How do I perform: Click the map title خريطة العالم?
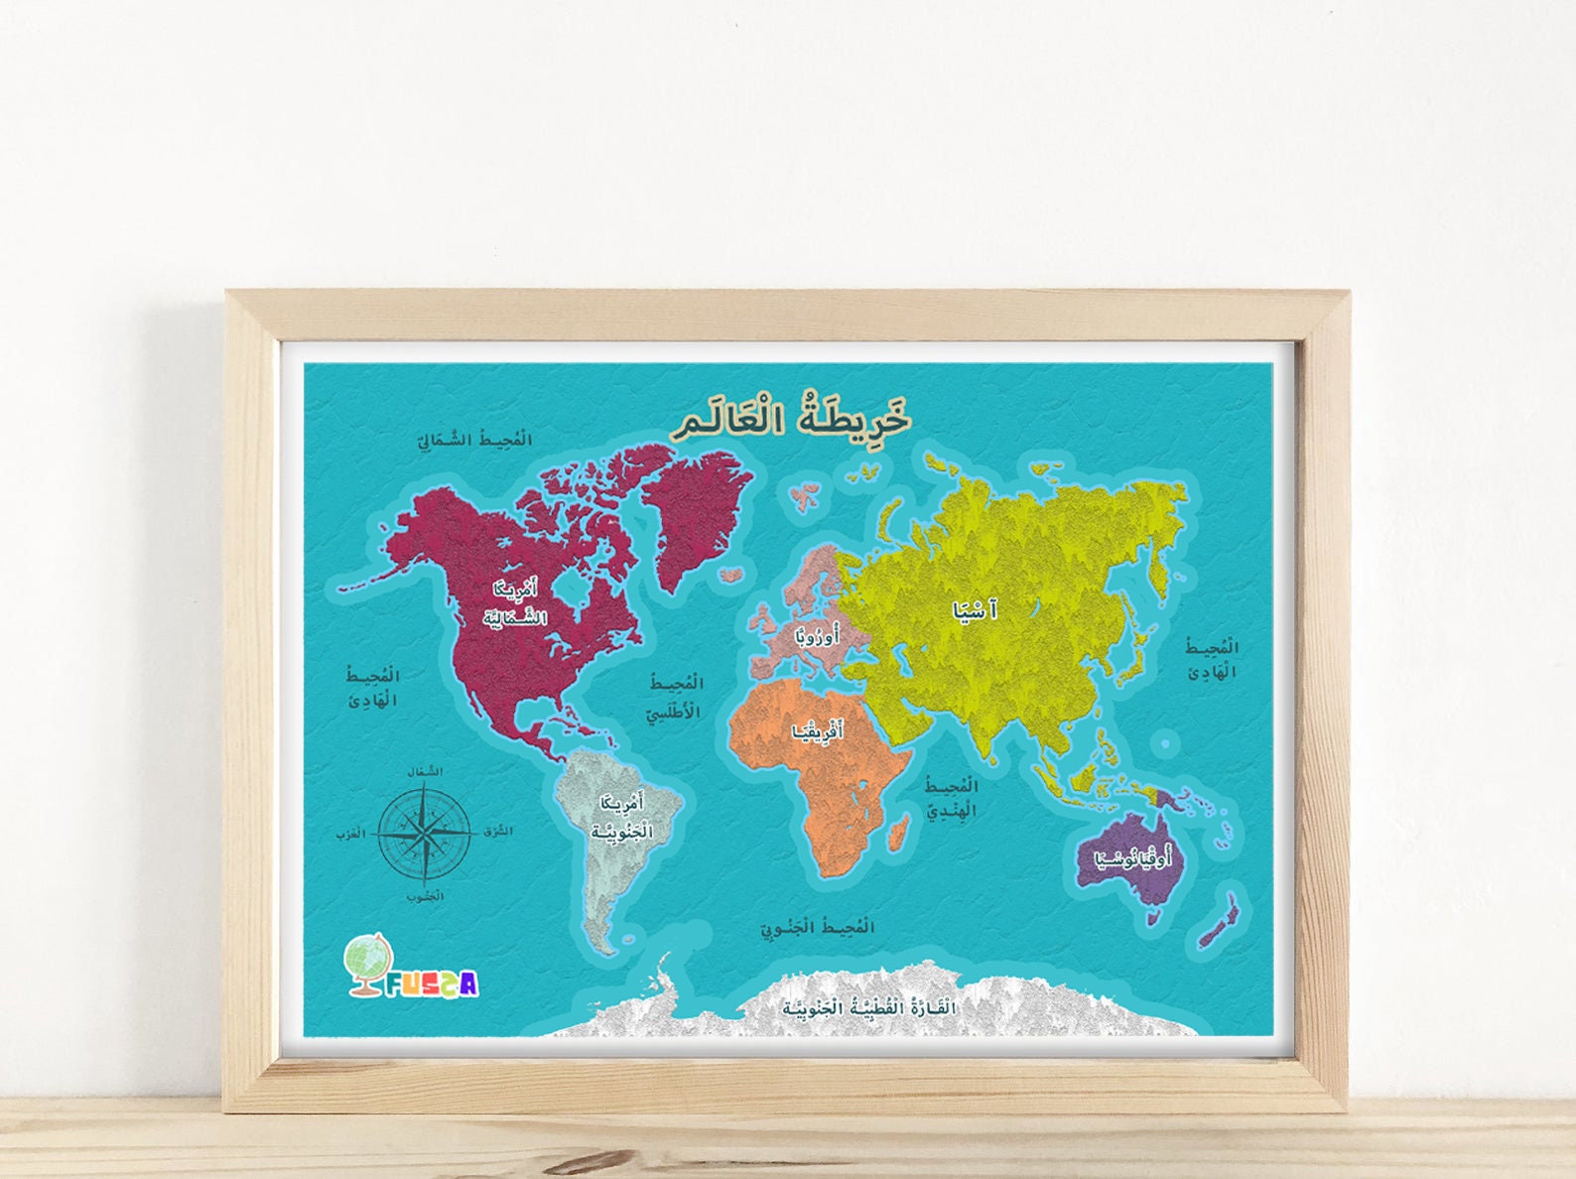(x=791, y=418)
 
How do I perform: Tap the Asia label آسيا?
(x=975, y=610)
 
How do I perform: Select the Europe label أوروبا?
(x=816, y=635)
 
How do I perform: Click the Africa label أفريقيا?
(x=818, y=731)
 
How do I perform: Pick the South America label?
(x=622, y=816)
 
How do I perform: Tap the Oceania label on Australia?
(x=1132, y=858)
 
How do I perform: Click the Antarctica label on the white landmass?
(x=869, y=1008)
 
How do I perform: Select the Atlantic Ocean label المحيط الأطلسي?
(x=675, y=698)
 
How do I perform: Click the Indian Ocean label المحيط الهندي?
(x=952, y=798)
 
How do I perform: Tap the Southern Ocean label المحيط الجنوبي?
(x=818, y=928)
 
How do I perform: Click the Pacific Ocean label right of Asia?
(x=1213, y=660)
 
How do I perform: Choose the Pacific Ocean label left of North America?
(x=372, y=688)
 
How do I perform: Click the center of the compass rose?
(x=425, y=833)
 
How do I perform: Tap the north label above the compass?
(x=425, y=771)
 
